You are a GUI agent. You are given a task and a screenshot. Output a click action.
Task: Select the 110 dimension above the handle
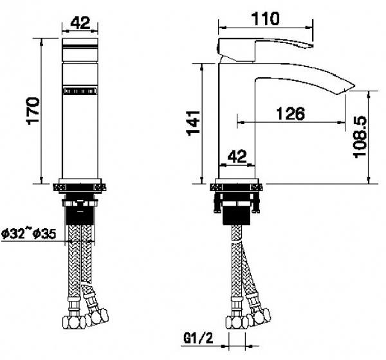[265, 19]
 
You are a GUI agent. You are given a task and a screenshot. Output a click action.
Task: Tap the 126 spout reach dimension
[290, 114]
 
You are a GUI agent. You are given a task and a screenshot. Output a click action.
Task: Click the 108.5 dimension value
[360, 136]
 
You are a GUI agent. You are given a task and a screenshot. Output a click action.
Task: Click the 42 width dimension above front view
[80, 23]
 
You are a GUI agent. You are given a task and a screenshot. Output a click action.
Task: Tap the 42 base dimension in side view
[238, 156]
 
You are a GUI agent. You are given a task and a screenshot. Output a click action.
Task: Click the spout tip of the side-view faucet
[351, 86]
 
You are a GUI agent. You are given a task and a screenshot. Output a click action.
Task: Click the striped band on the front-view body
[80, 91]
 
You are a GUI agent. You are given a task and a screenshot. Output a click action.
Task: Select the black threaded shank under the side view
[237, 213]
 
